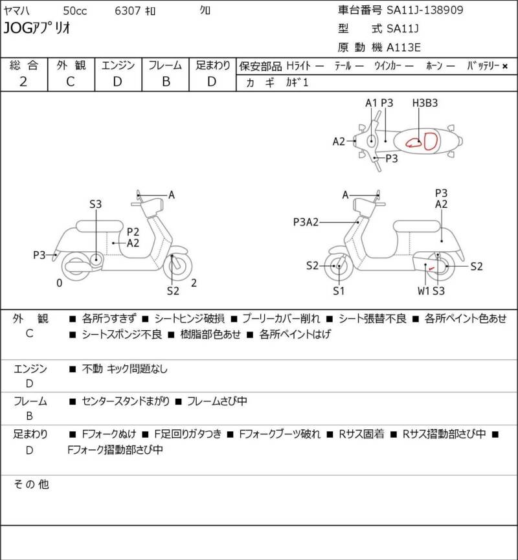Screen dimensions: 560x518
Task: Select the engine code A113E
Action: coord(404,47)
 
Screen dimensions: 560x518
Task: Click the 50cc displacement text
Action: coord(75,10)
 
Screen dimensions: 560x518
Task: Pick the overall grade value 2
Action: coord(23,82)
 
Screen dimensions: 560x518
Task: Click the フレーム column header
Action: coord(165,65)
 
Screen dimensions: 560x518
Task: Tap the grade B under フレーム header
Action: coord(165,82)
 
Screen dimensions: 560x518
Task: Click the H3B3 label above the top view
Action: coord(425,103)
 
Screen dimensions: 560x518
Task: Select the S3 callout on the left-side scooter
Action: coord(96,205)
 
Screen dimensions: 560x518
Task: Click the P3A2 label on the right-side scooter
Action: coord(306,222)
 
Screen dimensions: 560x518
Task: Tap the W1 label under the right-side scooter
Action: coord(423,291)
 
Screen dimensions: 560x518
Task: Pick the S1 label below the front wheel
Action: coord(339,291)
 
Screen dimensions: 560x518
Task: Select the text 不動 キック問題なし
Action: coord(124,369)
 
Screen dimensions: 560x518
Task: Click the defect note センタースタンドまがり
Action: coord(126,401)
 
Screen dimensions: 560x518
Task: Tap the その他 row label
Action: coord(32,484)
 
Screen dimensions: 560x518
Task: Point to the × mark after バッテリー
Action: coord(505,66)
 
